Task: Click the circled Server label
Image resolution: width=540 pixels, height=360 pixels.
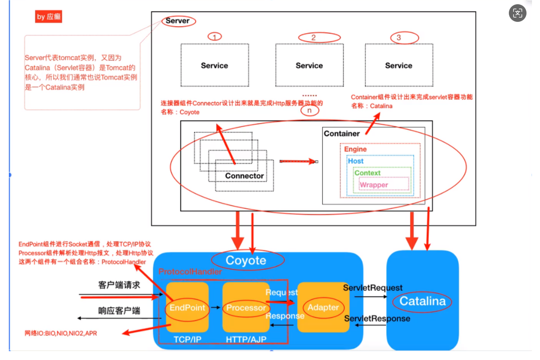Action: [177, 21]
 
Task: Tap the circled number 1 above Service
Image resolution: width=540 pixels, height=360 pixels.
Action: [214, 37]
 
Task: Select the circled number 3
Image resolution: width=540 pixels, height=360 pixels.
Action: [398, 38]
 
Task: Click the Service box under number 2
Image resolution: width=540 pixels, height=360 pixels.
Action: [309, 65]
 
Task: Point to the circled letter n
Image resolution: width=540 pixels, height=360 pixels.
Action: [310, 111]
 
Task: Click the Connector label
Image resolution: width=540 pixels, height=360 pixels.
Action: [244, 176]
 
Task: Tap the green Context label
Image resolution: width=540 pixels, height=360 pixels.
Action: [367, 173]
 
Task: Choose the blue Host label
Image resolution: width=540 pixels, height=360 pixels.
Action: [356, 161]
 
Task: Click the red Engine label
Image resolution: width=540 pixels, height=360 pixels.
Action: [356, 149]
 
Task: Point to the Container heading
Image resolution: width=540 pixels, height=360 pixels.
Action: [342, 133]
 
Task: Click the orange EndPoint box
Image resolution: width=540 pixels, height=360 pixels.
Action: [187, 307]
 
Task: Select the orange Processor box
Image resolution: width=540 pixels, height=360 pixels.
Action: [246, 307]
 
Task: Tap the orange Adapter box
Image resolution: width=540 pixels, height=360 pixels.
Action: [323, 307]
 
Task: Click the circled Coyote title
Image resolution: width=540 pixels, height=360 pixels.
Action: [246, 260]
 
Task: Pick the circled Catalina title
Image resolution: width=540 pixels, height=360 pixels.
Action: [422, 301]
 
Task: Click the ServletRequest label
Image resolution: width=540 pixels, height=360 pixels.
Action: [373, 288]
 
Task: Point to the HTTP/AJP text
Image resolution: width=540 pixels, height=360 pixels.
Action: [246, 339]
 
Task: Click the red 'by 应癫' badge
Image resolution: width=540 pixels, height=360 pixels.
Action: [49, 17]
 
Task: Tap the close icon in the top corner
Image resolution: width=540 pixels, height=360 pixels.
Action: [518, 13]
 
